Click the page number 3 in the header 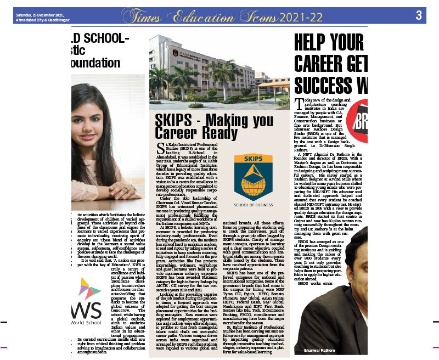pyautogui.click(x=418, y=15)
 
